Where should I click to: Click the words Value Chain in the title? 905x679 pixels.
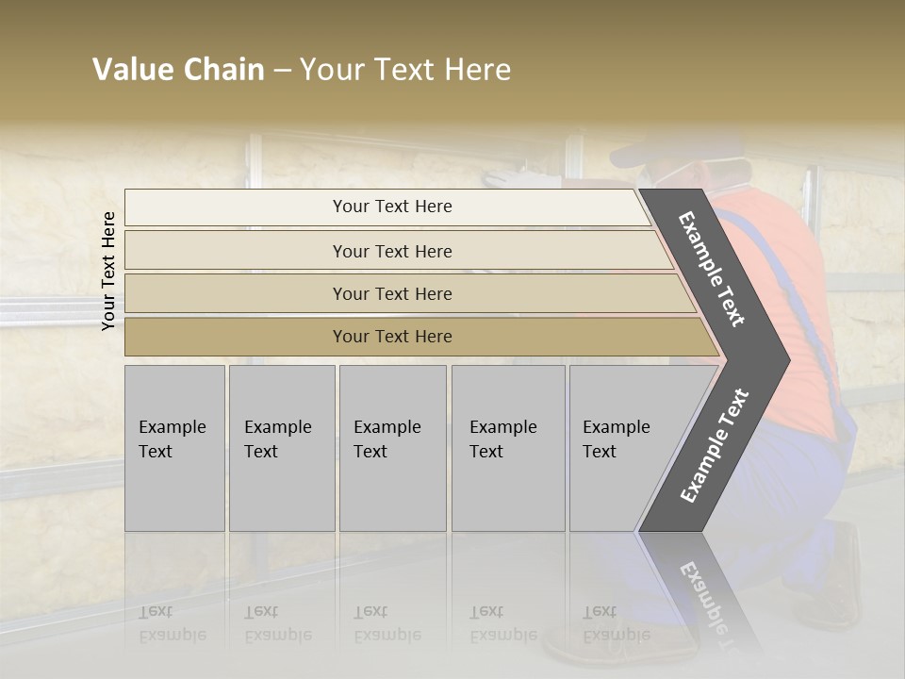point(178,70)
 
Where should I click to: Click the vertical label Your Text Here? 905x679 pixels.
point(108,271)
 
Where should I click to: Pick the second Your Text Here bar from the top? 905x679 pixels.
point(392,251)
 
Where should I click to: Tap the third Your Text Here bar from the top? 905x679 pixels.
point(392,293)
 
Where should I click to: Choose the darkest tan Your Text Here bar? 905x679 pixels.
point(392,337)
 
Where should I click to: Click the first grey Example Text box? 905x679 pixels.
point(174,448)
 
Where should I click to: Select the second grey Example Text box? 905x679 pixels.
point(281,448)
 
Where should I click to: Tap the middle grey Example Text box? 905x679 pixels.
point(392,448)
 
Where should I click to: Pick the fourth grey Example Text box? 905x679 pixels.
point(507,448)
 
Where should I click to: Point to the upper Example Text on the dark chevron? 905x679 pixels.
point(712,269)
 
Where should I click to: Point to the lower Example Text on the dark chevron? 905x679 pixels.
point(715,445)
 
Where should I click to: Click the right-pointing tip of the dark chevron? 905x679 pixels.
point(784,359)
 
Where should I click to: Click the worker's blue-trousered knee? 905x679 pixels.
point(801,472)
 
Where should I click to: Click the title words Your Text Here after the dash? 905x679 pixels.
point(405,70)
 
